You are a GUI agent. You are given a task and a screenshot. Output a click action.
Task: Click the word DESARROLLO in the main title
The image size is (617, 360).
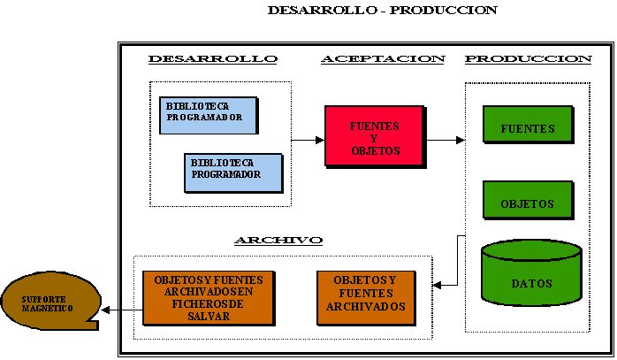323,11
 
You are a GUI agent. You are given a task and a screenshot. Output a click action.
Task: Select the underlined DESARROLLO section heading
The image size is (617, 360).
213,59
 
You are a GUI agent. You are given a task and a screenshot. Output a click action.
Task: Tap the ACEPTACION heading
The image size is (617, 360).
383,59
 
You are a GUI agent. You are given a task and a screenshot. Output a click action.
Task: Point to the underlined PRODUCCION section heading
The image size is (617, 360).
528,59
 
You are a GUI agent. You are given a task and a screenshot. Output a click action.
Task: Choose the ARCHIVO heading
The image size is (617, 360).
278,241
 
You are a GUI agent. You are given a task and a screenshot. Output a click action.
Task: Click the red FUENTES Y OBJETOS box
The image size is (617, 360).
376,137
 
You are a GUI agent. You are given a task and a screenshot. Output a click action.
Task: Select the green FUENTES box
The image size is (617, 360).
528,125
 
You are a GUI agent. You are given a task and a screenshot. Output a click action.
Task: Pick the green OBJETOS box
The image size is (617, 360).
528,200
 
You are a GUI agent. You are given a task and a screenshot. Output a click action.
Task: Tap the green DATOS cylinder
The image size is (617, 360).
531,272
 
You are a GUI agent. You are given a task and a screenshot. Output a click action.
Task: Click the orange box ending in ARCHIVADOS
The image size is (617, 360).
366,298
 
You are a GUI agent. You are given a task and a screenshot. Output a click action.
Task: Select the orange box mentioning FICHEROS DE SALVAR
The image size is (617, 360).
209,298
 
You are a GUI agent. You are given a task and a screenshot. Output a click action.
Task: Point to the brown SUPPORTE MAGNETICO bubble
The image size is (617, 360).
50,301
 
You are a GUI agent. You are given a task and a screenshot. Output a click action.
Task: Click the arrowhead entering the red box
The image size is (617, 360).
320,140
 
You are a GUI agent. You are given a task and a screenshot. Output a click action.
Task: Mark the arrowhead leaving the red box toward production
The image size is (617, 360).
461,140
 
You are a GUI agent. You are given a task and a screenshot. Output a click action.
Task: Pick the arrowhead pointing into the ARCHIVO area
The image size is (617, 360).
437,285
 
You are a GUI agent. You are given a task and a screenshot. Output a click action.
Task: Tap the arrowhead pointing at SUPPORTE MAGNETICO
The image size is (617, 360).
105,310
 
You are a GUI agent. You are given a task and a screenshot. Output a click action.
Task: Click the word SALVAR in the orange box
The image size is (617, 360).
209,317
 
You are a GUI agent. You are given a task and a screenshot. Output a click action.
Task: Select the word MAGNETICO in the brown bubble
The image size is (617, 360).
47,309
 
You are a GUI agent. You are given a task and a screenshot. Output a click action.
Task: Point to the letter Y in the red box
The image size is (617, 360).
374,139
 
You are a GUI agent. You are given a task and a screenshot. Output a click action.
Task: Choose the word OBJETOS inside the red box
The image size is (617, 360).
376,151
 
